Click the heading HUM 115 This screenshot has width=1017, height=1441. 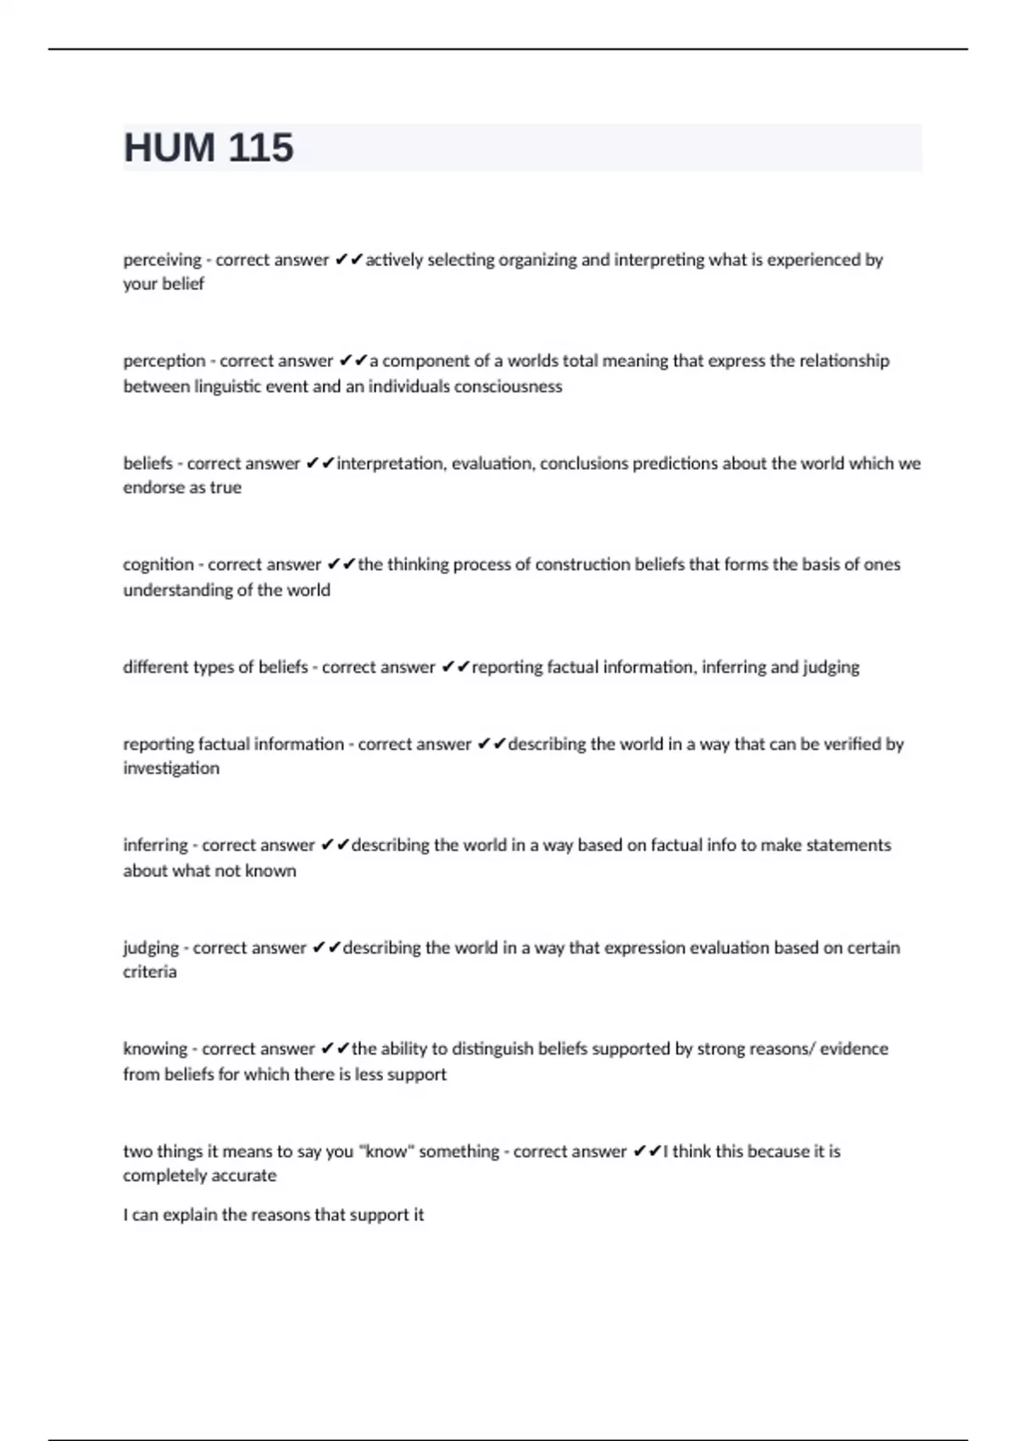208,147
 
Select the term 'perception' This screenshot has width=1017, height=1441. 164,361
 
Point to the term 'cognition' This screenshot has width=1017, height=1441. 158,565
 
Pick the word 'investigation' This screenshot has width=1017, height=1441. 171,768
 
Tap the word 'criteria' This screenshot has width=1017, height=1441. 150,971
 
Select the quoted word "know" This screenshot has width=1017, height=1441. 386,1151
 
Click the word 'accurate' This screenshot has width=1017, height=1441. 247,1176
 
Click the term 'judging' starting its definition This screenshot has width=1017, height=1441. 151,948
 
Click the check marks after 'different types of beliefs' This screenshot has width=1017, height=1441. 455,667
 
